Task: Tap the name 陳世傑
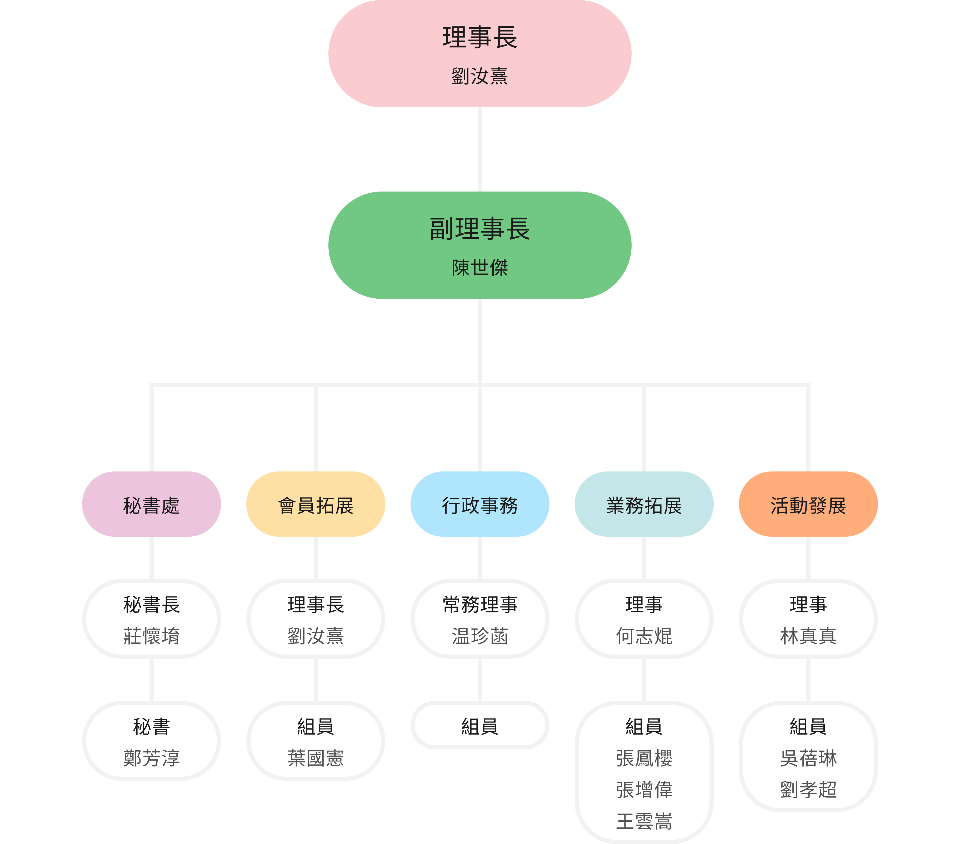click(479, 268)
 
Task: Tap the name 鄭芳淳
click(151, 758)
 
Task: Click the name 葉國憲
click(316, 758)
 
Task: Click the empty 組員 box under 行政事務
click(479, 726)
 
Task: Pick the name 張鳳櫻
click(644, 758)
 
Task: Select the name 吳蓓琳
click(808, 758)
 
